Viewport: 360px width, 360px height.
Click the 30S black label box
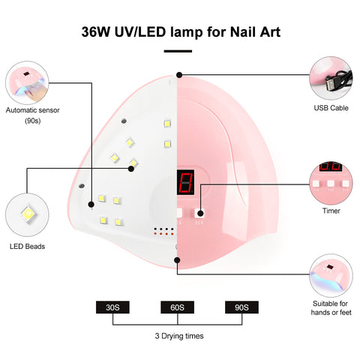[112, 307]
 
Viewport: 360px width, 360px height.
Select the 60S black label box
[177, 307]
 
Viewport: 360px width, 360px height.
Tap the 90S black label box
[241, 307]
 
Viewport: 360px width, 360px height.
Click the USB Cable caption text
[331, 108]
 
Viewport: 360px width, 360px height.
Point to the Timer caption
[331, 211]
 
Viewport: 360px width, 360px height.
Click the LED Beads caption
[27, 247]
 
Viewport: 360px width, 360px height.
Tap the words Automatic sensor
[32, 110]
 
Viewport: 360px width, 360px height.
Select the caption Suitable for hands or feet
[331, 308]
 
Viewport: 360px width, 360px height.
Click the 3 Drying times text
[179, 336]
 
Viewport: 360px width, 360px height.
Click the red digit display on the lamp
[185, 182]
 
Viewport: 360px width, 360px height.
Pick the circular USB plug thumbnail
[331, 78]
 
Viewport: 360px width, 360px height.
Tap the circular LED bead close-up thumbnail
[27, 214]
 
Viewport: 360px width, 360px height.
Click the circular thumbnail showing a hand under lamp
[27, 82]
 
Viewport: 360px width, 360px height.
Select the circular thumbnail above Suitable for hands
[331, 276]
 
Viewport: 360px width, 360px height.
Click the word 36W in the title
[95, 32]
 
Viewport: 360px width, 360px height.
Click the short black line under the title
[178, 51]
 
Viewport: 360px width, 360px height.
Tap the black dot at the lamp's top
[179, 75]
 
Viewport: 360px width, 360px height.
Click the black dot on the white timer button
[200, 214]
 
